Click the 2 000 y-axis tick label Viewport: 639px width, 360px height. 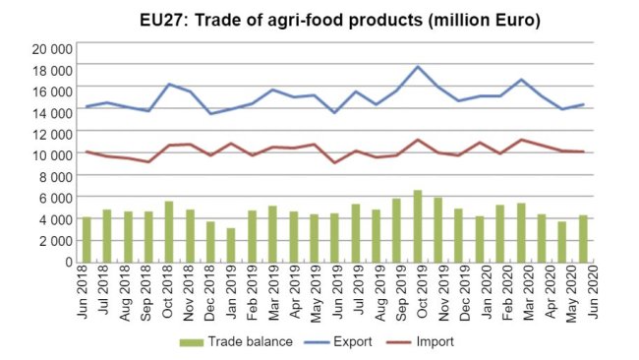click(54, 240)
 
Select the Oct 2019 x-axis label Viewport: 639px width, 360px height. click(417, 293)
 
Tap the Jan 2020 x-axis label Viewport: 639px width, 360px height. click(479, 293)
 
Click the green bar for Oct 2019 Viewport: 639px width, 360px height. click(417, 226)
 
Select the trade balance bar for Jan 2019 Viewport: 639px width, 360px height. click(231, 245)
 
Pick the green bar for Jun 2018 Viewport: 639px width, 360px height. click(87, 239)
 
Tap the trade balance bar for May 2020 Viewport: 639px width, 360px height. click(561, 241)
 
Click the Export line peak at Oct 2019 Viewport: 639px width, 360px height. click(418, 67)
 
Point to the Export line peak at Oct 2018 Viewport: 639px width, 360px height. click(169, 85)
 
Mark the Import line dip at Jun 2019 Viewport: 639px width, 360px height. click(334, 162)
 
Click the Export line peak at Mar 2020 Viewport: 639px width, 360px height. click(521, 80)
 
